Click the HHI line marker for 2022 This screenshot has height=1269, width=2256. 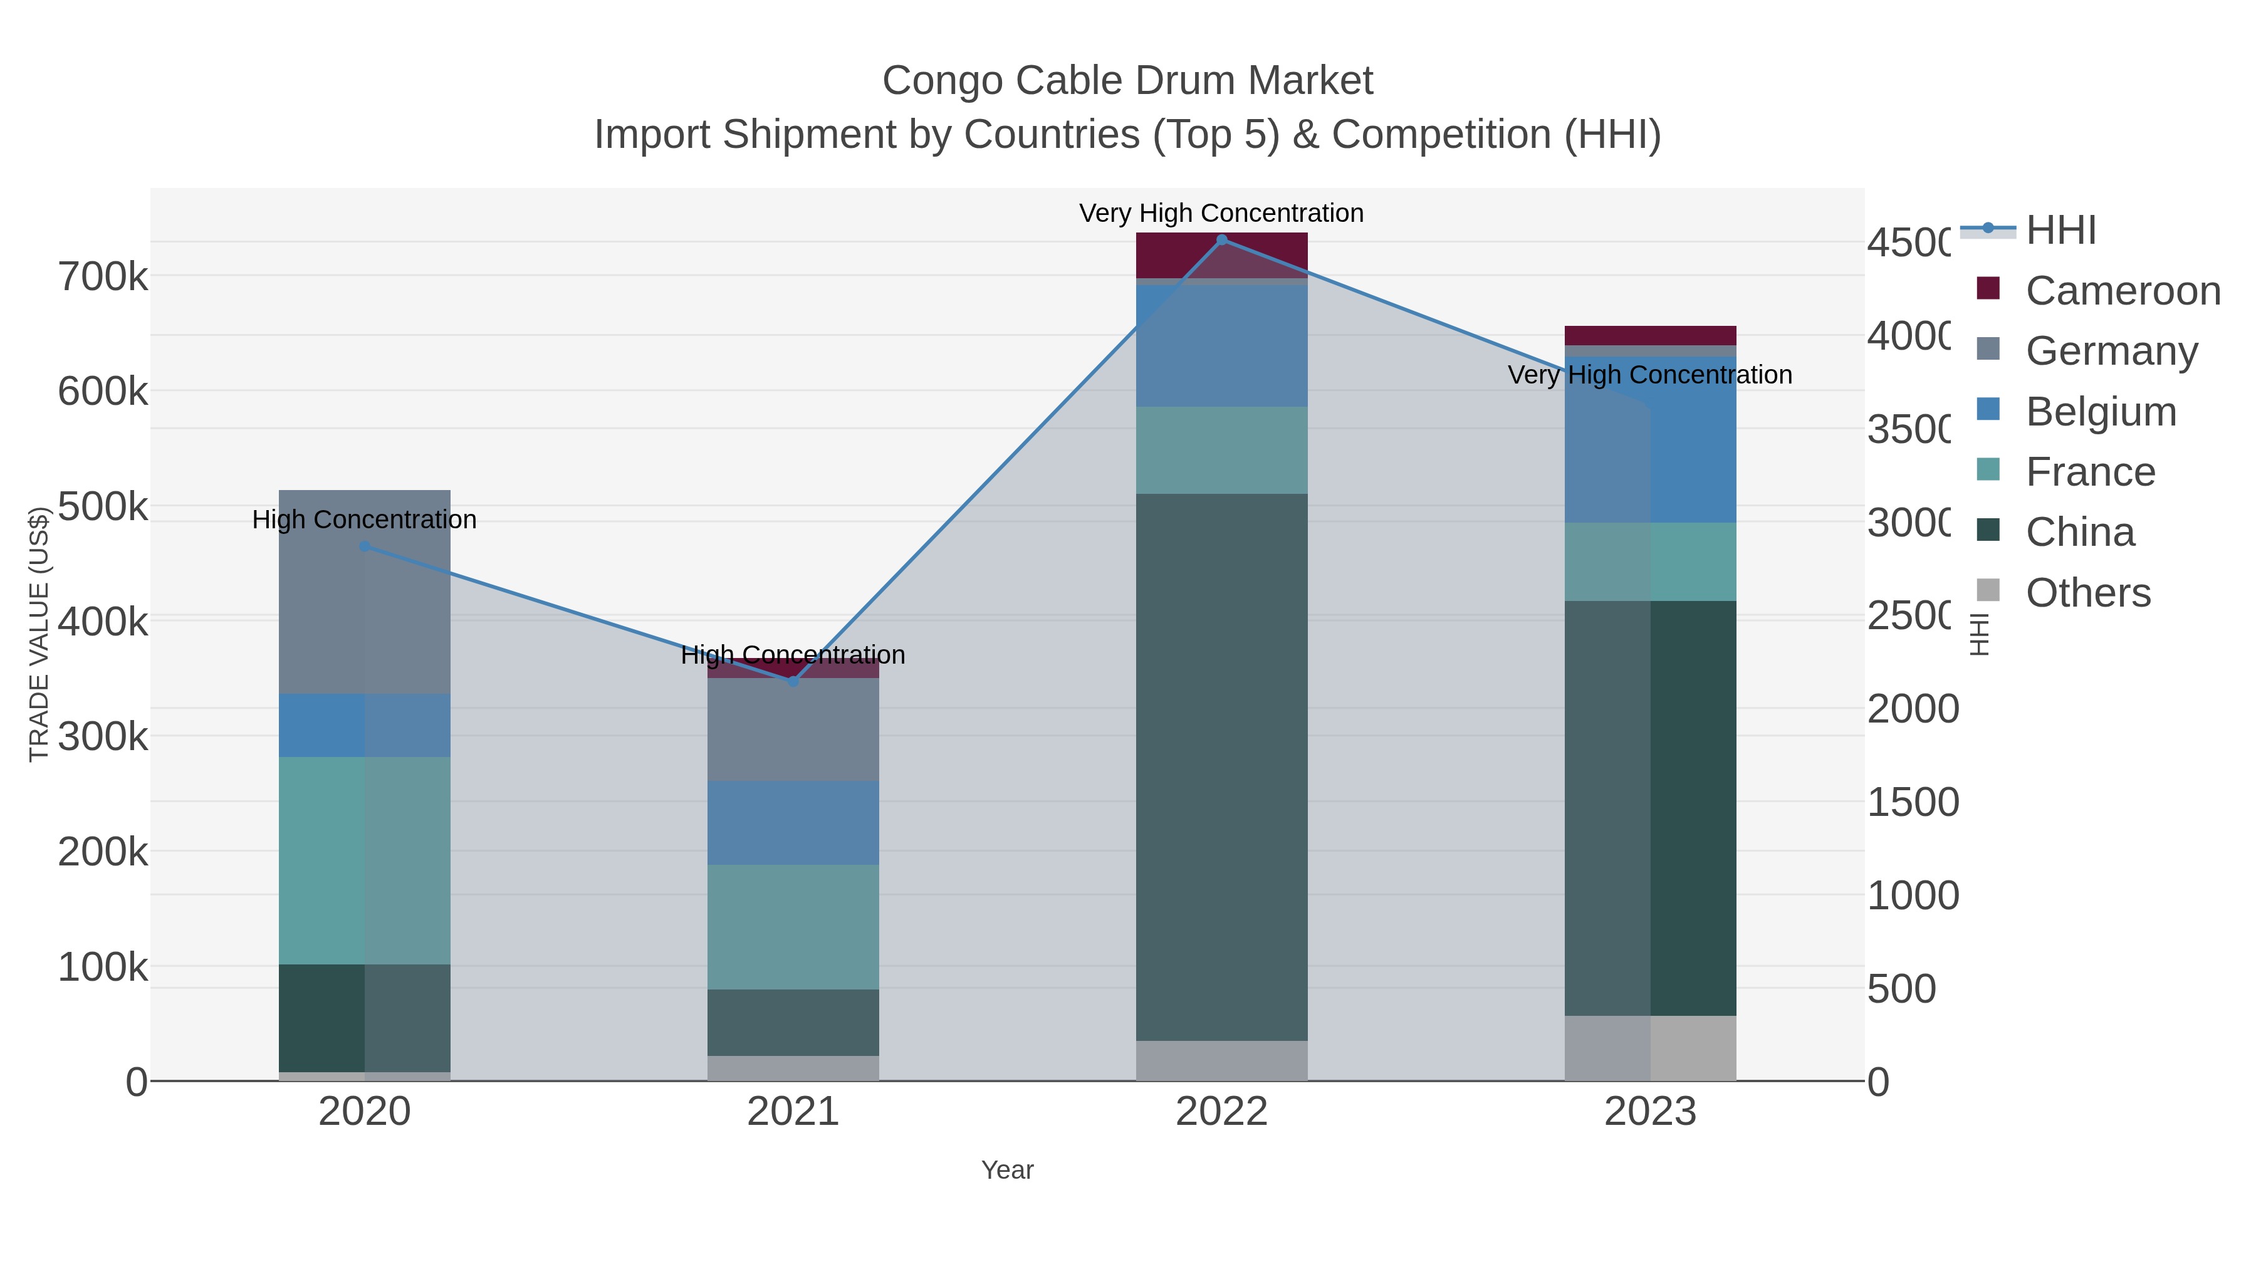click(x=1222, y=239)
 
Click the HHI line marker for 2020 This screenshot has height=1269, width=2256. click(x=364, y=546)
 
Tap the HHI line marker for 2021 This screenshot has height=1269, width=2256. click(x=793, y=681)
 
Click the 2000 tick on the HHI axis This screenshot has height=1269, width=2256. click(x=1912, y=709)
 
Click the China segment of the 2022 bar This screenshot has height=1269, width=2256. click(x=1222, y=766)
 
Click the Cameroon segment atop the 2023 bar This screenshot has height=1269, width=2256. click(x=1650, y=335)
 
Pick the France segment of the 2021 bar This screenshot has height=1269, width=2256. click(x=793, y=927)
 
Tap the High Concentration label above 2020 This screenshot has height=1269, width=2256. click(x=364, y=520)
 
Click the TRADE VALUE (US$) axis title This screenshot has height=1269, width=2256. click(x=38, y=634)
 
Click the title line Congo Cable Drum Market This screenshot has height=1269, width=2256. click(x=1127, y=81)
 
